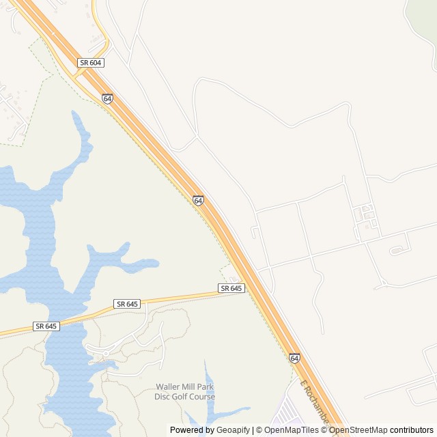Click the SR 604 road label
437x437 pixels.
(91, 62)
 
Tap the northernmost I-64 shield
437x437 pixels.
(107, 98)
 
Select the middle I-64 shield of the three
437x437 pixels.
(197, 200)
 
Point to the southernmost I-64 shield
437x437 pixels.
(294, 357)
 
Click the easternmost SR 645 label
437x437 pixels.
(231, 288)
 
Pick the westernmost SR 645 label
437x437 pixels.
(46, 326)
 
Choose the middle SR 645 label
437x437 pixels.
(127, 303)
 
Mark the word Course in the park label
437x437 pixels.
(203, 397)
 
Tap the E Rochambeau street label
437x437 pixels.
(315, 406)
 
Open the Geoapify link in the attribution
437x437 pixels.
(234, 430)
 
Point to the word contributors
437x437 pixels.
(412, 430)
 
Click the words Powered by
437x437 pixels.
(191, 430)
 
